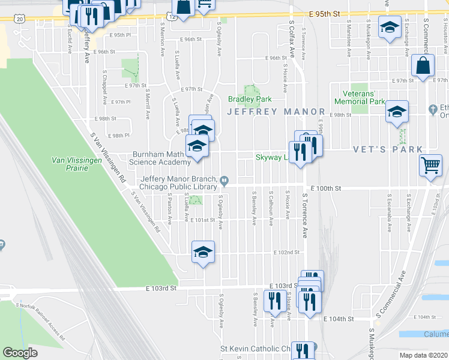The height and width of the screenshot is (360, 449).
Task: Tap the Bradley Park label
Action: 249,99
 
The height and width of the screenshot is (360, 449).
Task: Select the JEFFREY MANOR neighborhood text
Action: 276,112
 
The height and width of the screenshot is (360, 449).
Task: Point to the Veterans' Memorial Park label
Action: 363,97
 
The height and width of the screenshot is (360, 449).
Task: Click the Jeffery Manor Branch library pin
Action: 224,179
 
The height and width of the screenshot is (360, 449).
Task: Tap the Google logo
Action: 20,353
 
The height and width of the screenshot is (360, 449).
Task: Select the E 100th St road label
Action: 325,188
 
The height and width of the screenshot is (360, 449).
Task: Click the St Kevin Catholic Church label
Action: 255,349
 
